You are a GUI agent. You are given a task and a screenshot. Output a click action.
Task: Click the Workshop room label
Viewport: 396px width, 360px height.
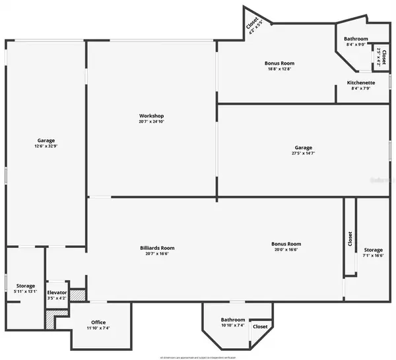(x=151, y=115)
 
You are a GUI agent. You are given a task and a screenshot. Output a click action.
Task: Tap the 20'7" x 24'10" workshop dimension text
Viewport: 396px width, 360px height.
(x=151, y=122)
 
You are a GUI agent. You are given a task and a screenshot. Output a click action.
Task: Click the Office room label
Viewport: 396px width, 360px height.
(x=98, y=322)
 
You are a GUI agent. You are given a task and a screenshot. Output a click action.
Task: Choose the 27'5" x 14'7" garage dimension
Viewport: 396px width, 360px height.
(x=304, y=154)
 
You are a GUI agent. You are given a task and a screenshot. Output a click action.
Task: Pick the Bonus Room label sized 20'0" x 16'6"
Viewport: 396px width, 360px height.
(x=286, y=244)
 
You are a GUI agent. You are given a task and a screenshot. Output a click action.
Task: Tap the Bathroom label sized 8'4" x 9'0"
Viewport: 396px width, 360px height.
(x=356, y=39)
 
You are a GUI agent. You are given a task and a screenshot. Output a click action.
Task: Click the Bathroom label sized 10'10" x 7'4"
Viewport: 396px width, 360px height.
(x=233, y=318)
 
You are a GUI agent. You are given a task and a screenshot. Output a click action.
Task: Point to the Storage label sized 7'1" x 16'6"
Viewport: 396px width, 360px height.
(x=373, y=250)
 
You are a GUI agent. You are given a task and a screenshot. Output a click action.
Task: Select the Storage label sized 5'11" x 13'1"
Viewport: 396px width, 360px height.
(x=26, y=285)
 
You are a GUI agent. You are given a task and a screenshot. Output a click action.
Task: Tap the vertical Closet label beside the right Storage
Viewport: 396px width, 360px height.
(x=350, y=240)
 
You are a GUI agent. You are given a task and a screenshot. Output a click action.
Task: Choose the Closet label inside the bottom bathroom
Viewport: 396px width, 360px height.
(x=260, y=326)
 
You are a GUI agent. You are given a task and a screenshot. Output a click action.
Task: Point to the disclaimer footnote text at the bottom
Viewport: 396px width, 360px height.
(x=198, y=355)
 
